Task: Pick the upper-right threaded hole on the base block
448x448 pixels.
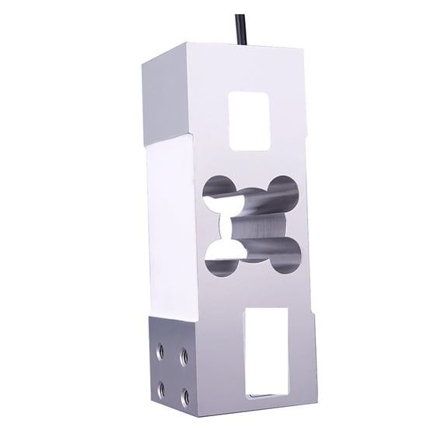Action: point(184,354)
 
